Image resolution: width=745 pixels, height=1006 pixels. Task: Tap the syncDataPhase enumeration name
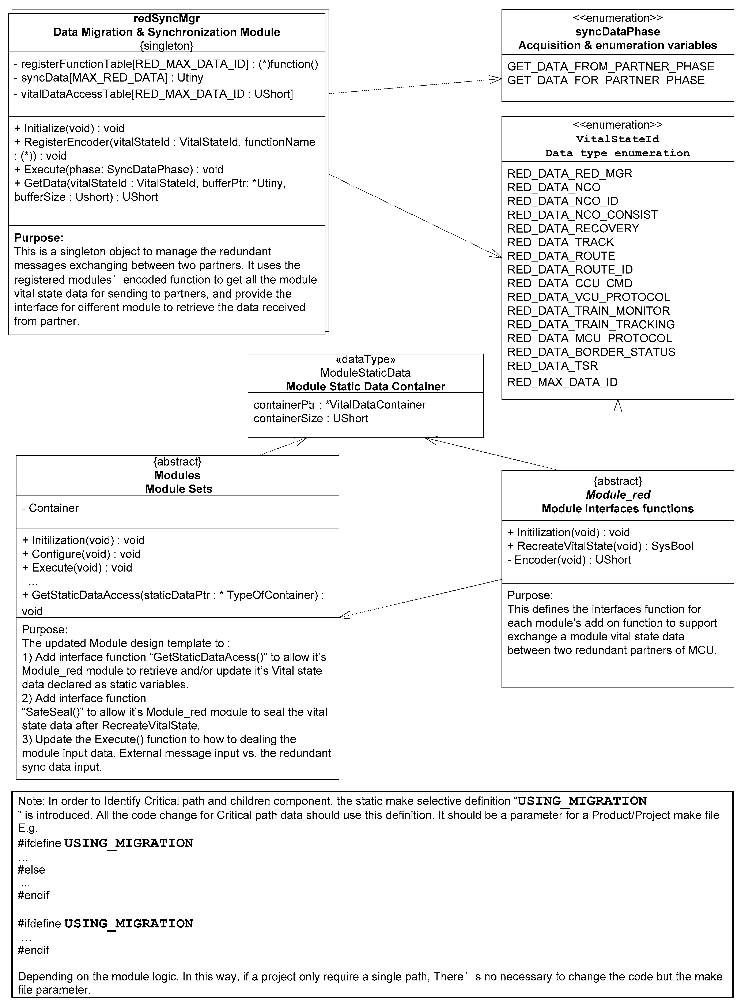coord(617,32)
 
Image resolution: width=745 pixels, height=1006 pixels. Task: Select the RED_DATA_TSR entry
coord(552,366)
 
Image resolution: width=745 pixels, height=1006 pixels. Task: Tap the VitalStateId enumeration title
coord(617,139)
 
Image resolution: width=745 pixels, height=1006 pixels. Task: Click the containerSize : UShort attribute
coord(311,419)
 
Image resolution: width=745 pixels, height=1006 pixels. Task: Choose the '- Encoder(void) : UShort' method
coord(569,560)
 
